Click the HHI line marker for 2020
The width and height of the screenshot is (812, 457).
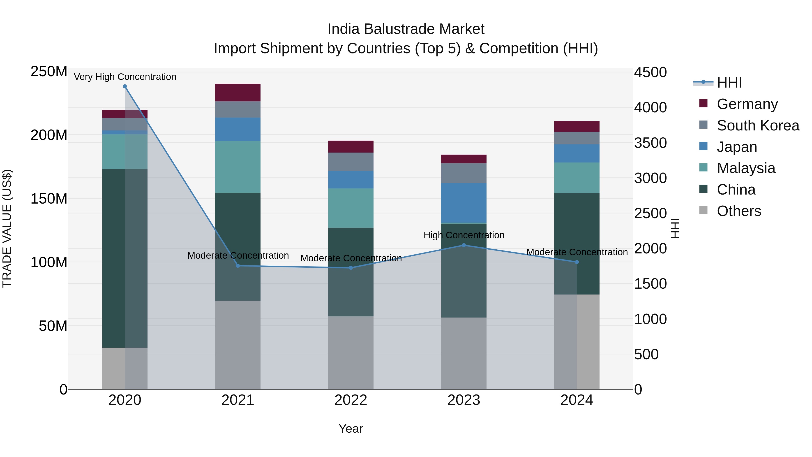point(125,86)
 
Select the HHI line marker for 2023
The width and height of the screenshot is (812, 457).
point(464,245)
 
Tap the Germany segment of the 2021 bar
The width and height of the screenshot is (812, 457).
point(238,92)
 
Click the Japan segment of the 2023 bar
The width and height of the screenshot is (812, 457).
point(464,203)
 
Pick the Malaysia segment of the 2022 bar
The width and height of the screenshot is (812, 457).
point(351,208)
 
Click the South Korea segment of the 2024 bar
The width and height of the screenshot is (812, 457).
point(577,138)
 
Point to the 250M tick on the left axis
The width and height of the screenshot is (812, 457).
point(49,72)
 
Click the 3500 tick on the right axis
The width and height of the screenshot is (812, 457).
point(650,143)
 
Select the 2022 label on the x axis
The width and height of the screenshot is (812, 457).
point(351,400)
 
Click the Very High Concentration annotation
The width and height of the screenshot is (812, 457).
point(125,77)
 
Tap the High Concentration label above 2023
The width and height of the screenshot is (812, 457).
point(464,235)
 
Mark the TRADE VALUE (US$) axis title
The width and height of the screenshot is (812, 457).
point(7,228)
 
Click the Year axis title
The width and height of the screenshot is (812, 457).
point(351,429)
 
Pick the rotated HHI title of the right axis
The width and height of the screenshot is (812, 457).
point(675,228)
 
